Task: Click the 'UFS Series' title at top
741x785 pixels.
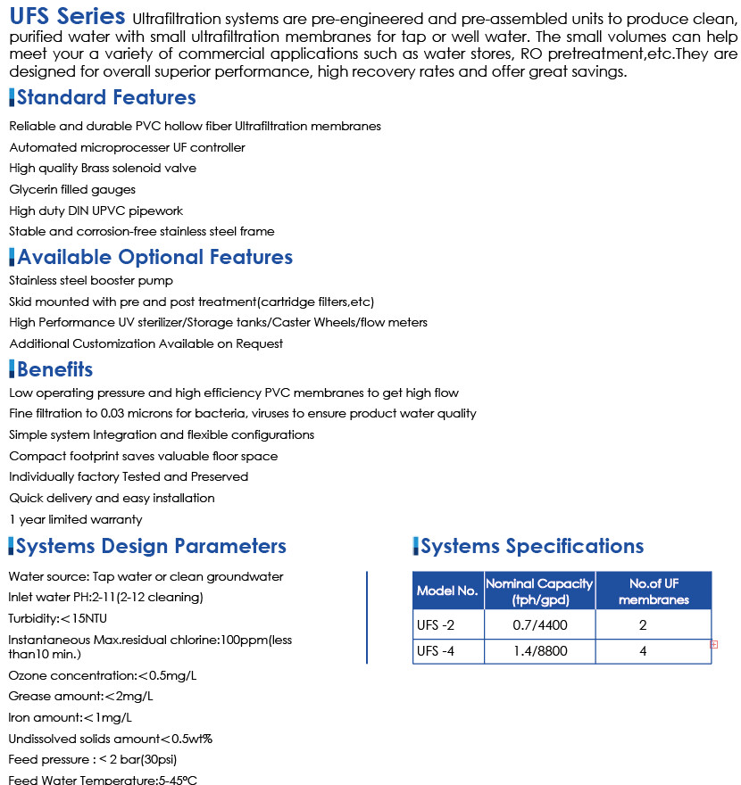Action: coord(68,17)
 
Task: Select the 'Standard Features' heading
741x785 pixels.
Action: coord(105,97)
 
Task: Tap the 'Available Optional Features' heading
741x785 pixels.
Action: coord(154,257)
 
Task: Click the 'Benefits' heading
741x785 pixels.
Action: coord(54,369)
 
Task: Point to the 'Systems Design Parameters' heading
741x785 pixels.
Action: coord(151,546)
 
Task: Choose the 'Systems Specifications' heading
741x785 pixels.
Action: coord(531,546)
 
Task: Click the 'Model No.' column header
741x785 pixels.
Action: coord(448,591)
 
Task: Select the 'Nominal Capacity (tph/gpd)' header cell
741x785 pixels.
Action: coord(539,591)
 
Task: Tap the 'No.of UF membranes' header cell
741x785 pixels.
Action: coord(654,591)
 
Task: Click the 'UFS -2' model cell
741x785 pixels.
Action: coord(436,624)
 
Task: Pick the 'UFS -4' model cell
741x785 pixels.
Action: coord(436,651)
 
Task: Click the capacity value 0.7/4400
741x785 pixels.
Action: coord(539,624)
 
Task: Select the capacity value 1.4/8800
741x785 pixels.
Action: coord(539,651)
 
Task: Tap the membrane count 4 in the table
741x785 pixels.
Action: coord(643,651)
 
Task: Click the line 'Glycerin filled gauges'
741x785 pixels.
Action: coord(72,189)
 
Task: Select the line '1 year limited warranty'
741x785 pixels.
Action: coord(76,519)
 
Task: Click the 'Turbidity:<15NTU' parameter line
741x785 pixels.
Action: coord(59,618)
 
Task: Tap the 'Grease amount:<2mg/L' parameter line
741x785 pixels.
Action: coord(80,696)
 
